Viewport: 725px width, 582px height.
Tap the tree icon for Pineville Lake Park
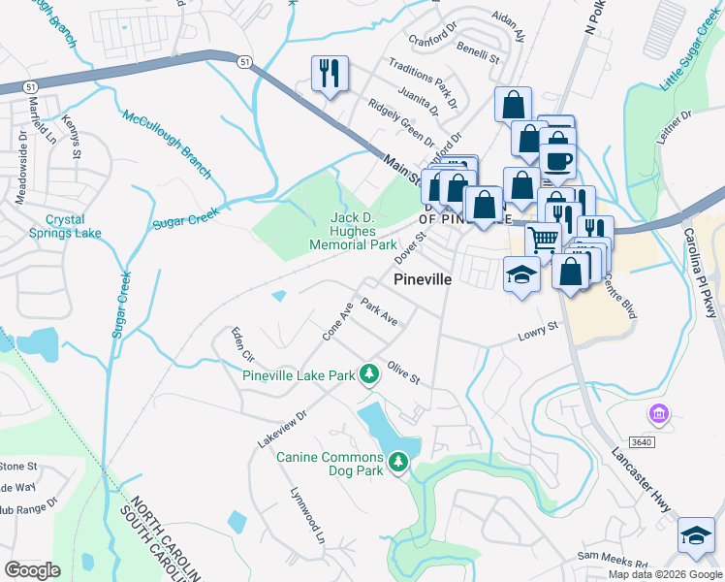coord(368,373)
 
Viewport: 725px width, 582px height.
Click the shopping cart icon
coord(543,239)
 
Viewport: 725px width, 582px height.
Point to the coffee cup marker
coord(558,160)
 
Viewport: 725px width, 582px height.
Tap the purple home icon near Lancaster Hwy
coord(658,415)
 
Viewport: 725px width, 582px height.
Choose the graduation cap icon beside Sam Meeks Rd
coord(695,536)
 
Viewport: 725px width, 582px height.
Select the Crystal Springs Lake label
coord(60,227)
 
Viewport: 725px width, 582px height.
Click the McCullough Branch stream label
coord(166,145)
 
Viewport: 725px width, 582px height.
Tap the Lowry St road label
coord(539,332)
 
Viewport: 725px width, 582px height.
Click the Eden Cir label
coord(240,344)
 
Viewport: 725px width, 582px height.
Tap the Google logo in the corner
coord(33,569)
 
